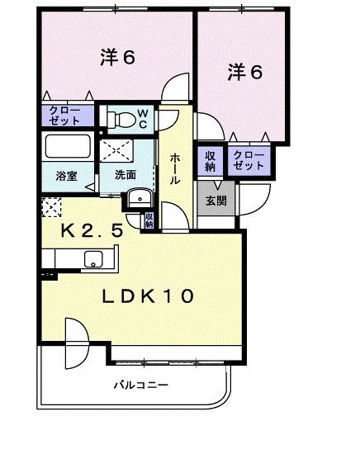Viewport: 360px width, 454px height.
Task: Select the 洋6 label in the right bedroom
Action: click(x=245, y=73)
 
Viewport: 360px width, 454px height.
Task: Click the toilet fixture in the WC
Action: click(x=121, y=118)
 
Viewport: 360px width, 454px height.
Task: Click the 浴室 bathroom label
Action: click(x=66, y=175)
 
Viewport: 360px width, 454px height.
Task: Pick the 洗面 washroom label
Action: click(x=126, y=175)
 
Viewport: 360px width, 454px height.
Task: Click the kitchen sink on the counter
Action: click(x=92, y=263)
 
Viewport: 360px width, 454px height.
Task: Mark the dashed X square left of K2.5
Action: click(x=51, y=207)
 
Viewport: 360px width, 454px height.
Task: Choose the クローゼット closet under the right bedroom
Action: click(x=249, y=159)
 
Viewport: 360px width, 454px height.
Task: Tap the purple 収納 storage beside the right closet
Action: click(x=211, y=159)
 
